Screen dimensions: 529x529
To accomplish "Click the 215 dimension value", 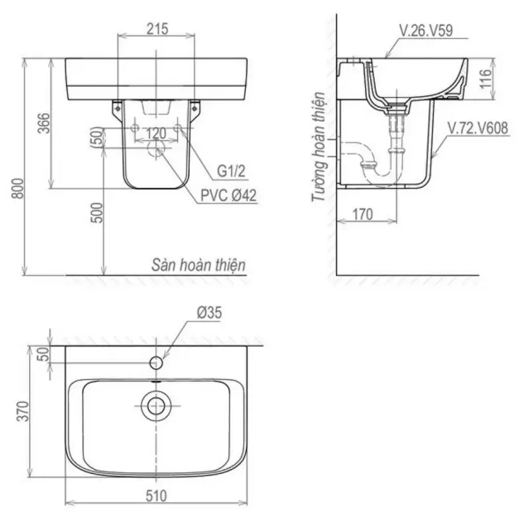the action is point(157,29).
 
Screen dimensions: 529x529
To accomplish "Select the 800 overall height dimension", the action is point(19,188).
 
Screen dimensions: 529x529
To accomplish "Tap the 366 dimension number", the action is point(44,123).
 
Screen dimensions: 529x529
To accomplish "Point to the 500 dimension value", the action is point(97,212).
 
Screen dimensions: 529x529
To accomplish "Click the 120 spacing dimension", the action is point(156,134).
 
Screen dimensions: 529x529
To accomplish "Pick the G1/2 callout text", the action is point(231,171).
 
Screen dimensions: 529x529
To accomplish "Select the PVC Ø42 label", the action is point(228,195).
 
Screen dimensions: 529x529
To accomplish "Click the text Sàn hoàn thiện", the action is point(198,265).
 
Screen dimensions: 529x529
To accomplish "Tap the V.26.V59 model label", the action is point(426,30).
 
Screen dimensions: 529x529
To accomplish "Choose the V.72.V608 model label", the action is point(477,128).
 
